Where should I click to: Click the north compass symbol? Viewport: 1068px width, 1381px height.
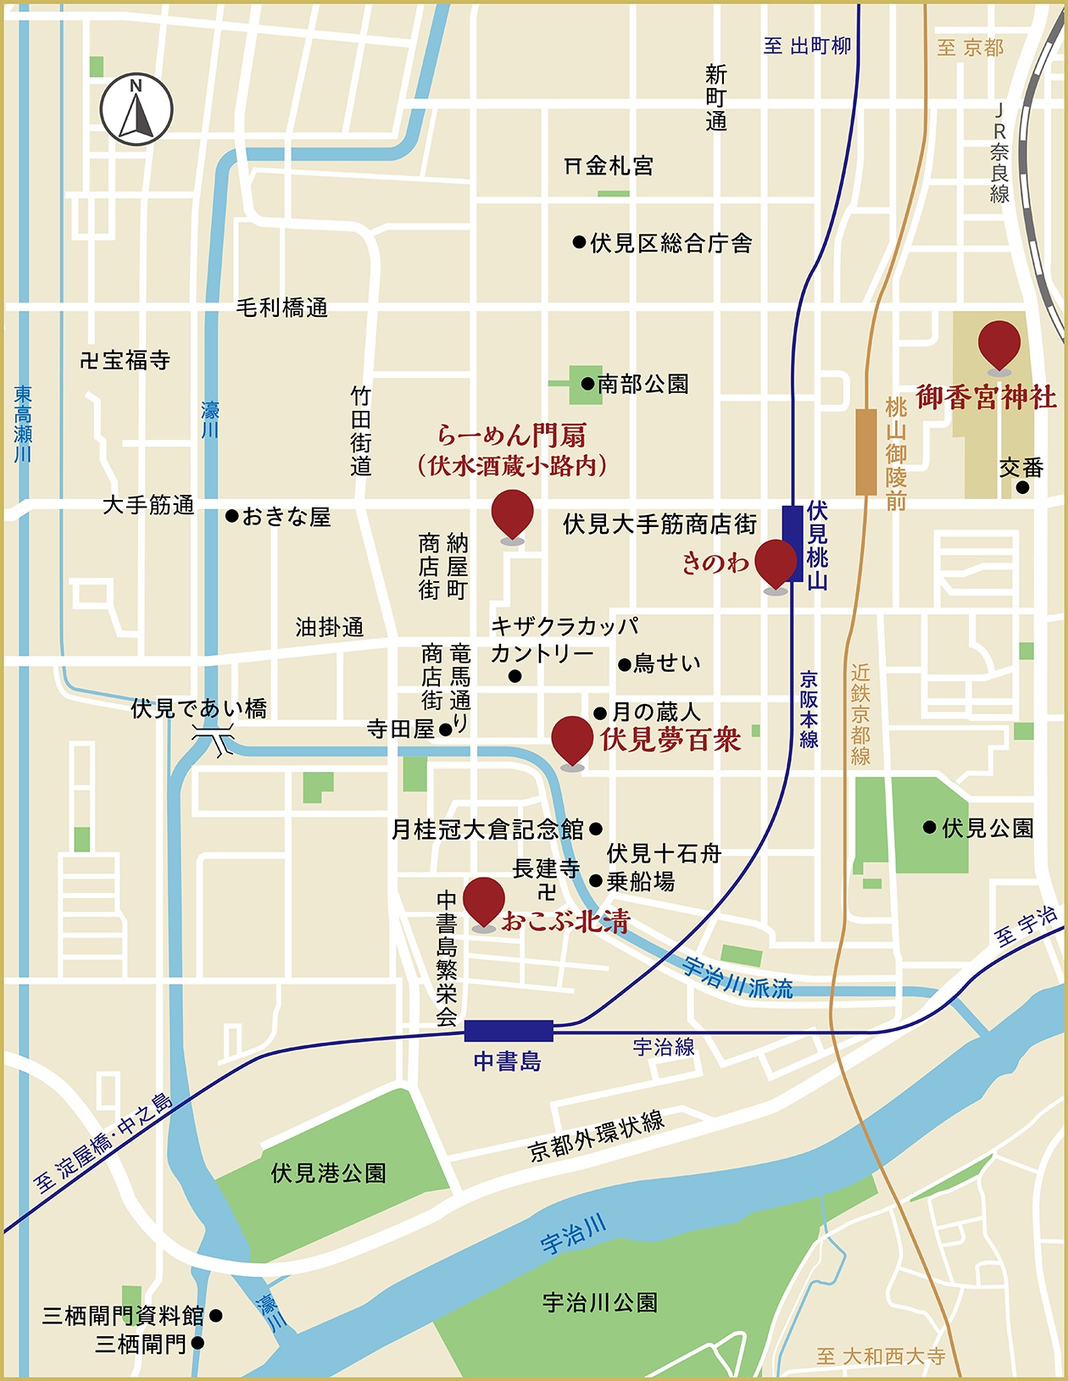pos(136,109)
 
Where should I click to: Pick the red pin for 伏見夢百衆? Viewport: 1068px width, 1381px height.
pos(572,740)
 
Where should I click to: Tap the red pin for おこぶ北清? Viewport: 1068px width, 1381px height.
pos(484,901)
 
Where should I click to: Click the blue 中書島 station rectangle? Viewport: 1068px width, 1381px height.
pos(509,1030)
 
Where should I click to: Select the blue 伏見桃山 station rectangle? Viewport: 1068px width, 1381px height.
pos(792,543)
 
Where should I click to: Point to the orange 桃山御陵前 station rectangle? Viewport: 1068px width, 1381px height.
pos(865,452)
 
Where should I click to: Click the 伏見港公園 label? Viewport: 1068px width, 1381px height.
pos(329,1173)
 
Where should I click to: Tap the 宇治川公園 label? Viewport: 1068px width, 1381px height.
pos(600,1302)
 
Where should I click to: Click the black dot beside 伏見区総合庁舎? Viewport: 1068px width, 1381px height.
pos(579,243)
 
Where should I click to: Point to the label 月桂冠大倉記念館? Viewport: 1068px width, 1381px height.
pos(487,829)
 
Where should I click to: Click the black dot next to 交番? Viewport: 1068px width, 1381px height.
pos(1022,488)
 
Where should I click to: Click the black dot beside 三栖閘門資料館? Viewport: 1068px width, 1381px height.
pos(216,1316)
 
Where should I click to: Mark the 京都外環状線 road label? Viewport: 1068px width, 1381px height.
pos(597,1136)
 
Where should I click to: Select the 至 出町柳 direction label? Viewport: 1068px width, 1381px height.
pos(807,46)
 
